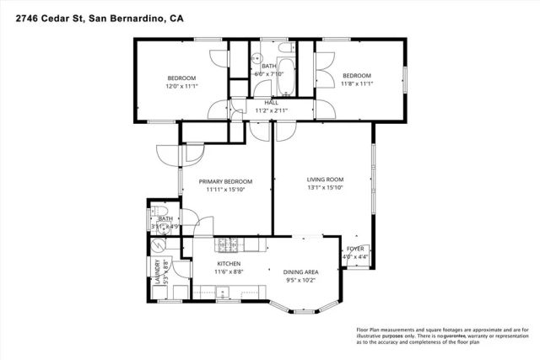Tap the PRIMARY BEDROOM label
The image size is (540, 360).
pyautogui.click(x=226, y=181)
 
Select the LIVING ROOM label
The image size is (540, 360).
pyautogui.click(x=325, y=179)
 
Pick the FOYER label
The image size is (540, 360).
pyautogui.click(x=356, y=249)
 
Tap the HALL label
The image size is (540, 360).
pyautogui.click(x=272, y=103)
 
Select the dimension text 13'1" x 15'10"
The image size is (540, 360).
pyautogui.click(x=325, y=188)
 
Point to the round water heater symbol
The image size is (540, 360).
pyautogui.click(x=159, y=246)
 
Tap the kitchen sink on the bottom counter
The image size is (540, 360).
pyautogui.click(x=224, y=294)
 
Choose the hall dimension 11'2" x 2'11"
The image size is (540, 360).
pyautogui.click(x=272, y=110)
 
